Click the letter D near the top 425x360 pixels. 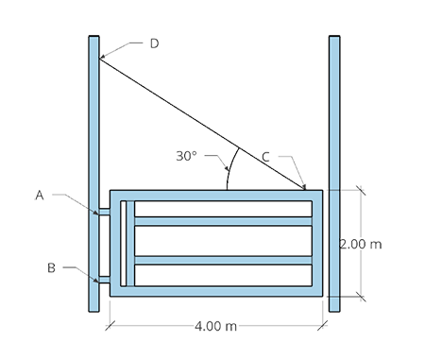(x=151, y=44)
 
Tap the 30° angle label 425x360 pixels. (x=186, y=156)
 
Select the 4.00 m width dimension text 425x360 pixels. (x=214, y=326)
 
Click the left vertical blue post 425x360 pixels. (x=93, y=142)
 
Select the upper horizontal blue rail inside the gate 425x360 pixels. (x=223, y=221)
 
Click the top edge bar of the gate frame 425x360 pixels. (x=217, y=195)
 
